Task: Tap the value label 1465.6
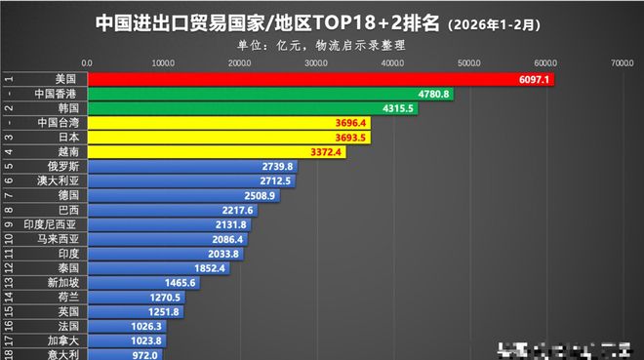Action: click(x=180, y=283)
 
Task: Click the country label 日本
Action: click(x=69, y=138)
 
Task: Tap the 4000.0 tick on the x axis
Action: click(x=393, y=61)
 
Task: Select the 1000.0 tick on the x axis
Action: click(x=164, y=61)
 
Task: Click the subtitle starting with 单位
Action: click(x=322, y=44)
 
